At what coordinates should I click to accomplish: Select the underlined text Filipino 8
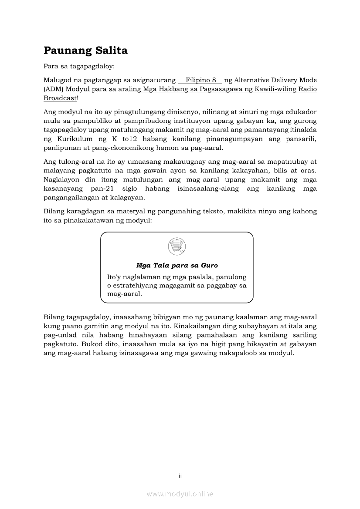tap(201, 80)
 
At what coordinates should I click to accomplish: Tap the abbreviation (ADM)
tap(54, 89)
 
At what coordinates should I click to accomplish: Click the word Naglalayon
tap(61, 179)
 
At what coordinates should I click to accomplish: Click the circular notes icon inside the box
tap(177, 246)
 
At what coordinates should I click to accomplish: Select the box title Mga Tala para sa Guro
tap(177, 265)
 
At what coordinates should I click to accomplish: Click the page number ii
tap(180, 476)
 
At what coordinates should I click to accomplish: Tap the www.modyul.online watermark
tap(180, 494)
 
